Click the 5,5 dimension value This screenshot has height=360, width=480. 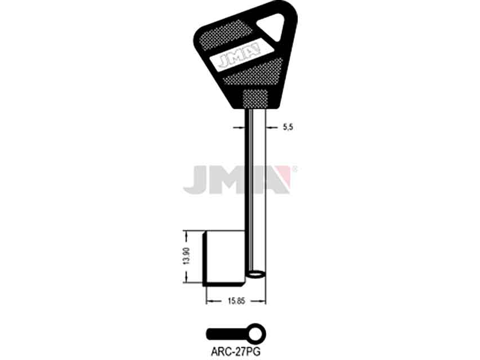tap(288, 127)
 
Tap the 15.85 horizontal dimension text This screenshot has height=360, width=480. tap(236, 301)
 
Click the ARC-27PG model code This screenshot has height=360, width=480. tap(235, 352)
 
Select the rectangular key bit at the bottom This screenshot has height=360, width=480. tap(225, 259)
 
